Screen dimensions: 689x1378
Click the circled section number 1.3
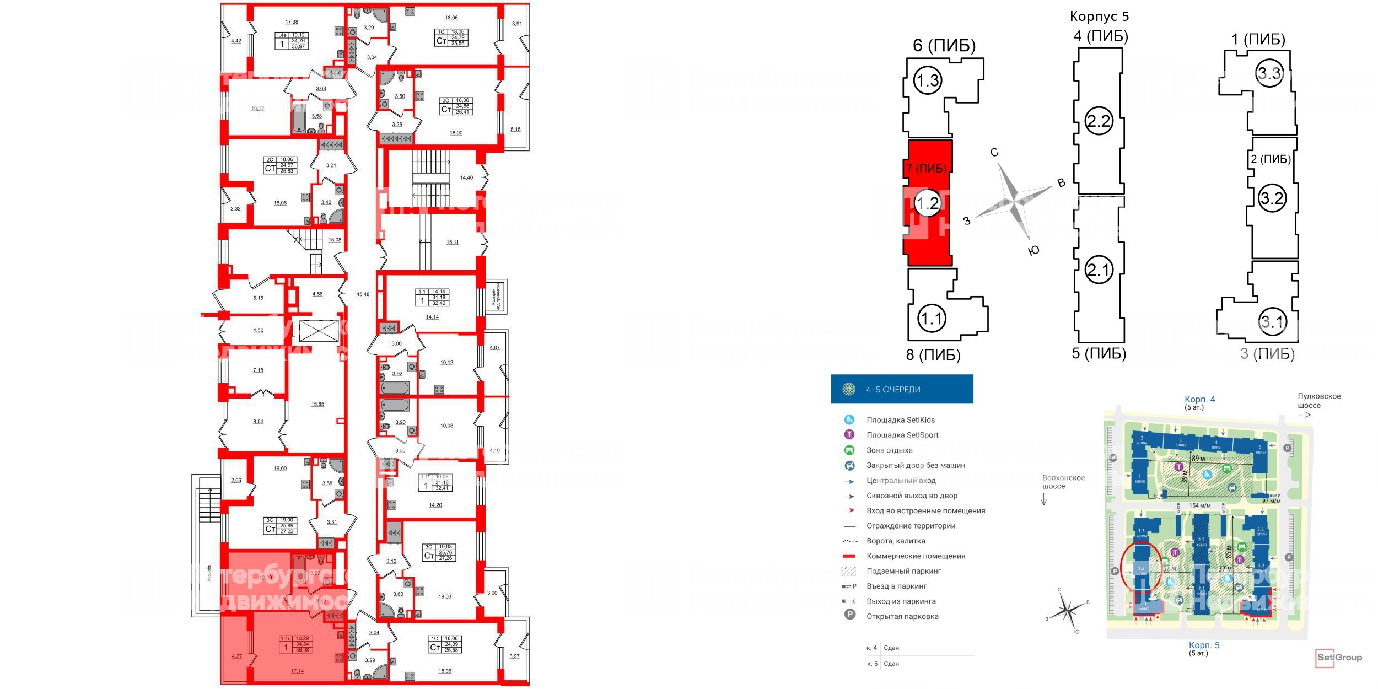tap(927, 81)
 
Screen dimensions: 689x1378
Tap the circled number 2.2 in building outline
tap(1098, 121)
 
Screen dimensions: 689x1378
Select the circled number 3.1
tap(1272, 321)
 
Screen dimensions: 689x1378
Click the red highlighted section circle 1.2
tap(927, 204)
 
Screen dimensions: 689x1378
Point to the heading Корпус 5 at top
tap(1099, 17)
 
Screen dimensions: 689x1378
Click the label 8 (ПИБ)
tap(933, 354)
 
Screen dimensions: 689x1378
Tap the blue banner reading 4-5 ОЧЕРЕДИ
tap(902, 389)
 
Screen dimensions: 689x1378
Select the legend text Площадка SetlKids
tap(901, 420)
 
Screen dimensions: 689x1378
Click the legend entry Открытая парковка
tap(902, 616)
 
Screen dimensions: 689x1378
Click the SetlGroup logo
tap(1338, 657)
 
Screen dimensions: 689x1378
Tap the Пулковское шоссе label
tap(1318, 401)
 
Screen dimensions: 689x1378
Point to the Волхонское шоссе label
tap(1063, 482)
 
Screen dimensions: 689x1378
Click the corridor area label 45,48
tap(363, 294)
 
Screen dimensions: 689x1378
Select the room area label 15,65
tap(317, 404)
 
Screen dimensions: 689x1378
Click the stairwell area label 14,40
tap(466, 177)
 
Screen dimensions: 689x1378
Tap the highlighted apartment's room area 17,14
tap(297, 671)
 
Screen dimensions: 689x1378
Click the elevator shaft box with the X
tap(319, 331)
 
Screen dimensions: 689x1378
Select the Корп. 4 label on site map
tap(1199, 399)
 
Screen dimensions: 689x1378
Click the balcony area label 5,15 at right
tap(515, 129)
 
